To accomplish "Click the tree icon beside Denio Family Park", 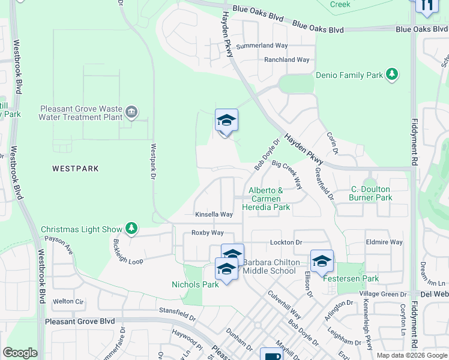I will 392,74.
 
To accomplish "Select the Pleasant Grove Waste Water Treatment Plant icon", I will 131,112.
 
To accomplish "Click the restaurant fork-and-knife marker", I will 426,6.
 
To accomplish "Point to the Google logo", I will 20,353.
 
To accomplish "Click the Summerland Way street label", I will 262,46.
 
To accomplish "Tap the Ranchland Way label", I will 286,60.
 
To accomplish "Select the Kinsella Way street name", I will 214,214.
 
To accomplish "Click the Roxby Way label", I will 207,233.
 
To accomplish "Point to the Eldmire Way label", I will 384,242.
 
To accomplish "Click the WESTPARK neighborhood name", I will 75,169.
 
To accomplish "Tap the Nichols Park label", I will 195,284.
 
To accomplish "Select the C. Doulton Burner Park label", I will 372,193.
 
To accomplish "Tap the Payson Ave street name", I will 58,245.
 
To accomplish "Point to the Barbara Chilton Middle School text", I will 269,266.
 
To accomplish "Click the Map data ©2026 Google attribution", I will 412,355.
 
